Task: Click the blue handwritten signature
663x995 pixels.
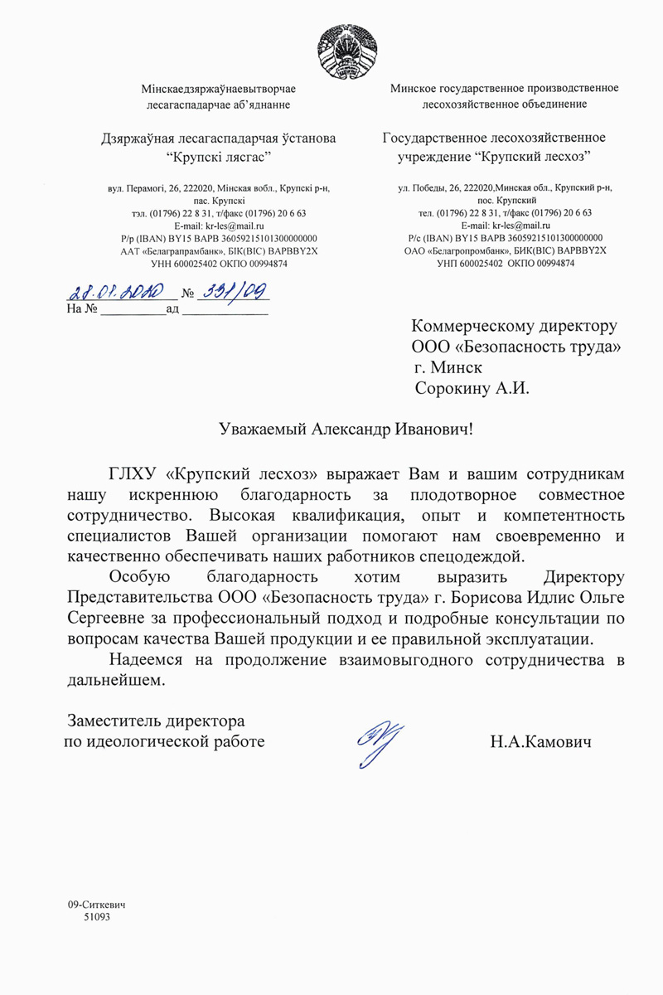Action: point(380,736)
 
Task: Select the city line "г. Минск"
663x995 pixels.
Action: point(448,366)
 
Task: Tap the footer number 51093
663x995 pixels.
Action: point(97,918)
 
